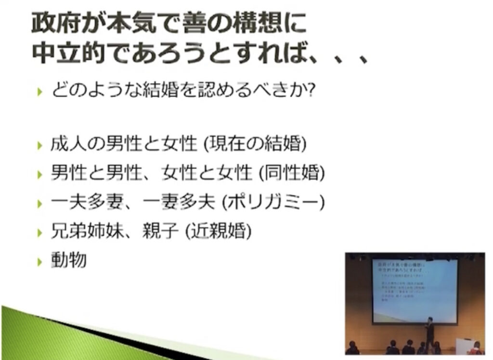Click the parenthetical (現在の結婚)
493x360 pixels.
coord(255,144)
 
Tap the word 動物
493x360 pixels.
coord(69,261)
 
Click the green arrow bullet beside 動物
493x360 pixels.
coord(39,262)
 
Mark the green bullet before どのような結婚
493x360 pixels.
coord(39,92)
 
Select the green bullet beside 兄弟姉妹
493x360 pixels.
coord(39,233)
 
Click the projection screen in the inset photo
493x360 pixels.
coord(415,290)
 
